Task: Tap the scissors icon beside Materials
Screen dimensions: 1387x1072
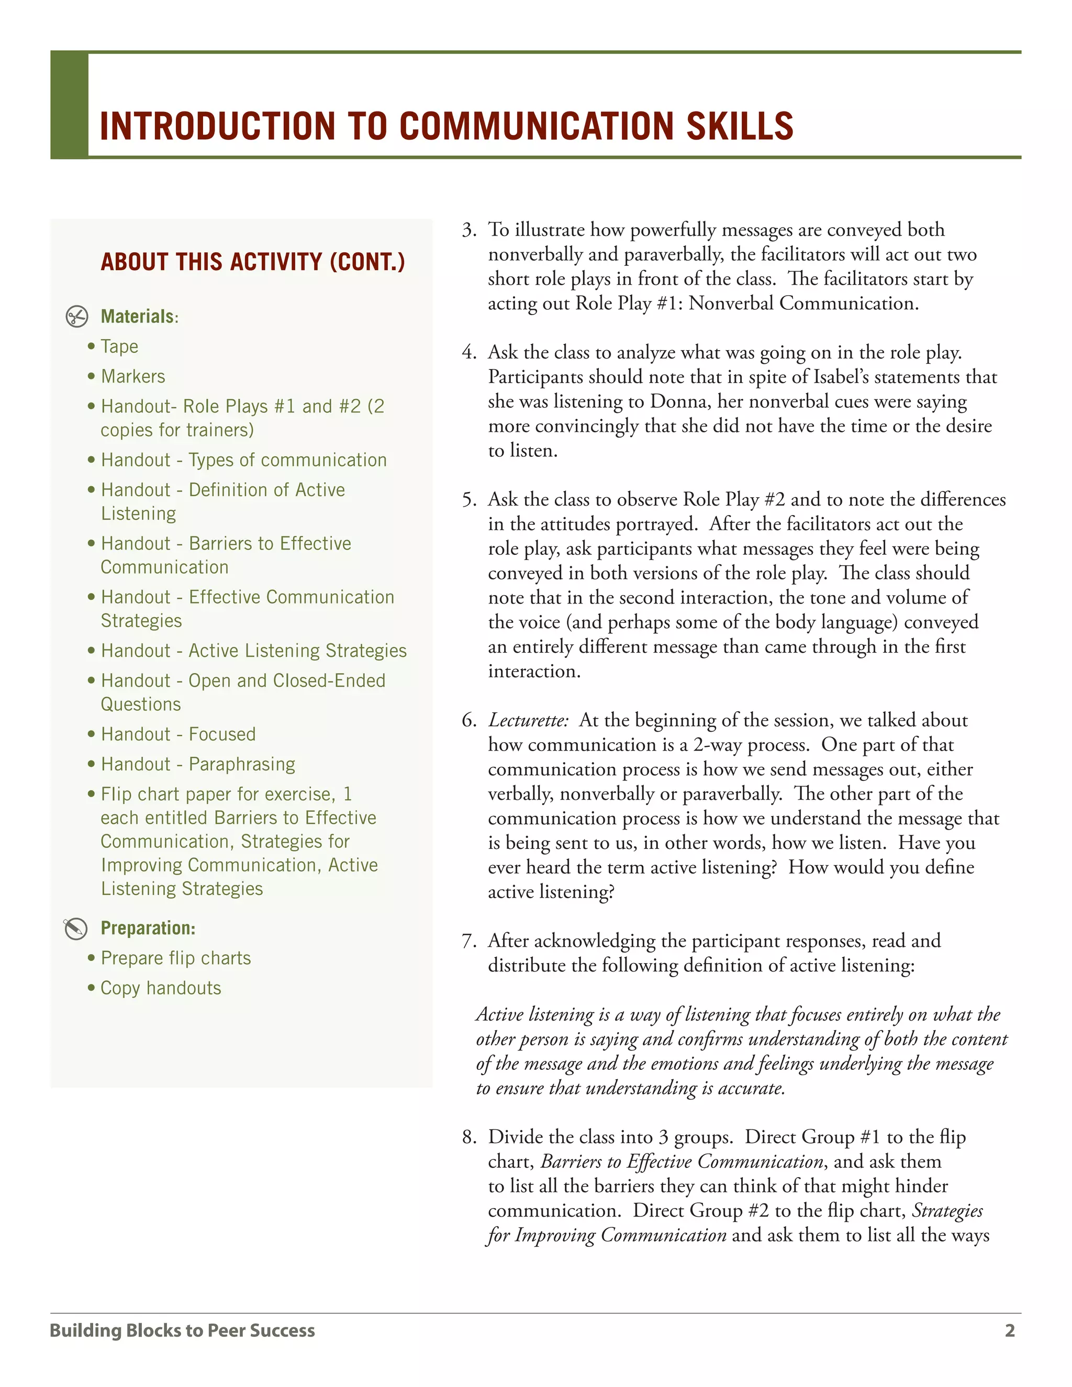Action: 77,316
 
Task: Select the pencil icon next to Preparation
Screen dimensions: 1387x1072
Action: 75,929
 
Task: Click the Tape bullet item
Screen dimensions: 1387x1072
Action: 119,346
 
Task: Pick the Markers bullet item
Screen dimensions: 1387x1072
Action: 133,377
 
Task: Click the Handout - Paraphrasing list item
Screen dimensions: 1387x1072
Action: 197,764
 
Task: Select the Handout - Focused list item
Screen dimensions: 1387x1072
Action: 178,734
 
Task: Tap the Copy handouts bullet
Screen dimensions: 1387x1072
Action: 161,988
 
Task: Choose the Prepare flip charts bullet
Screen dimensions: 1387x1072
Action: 176,958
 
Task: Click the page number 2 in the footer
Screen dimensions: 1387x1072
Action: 1010,1330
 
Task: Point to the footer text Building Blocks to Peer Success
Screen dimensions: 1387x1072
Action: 182,1330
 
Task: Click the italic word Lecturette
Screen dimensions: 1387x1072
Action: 528,720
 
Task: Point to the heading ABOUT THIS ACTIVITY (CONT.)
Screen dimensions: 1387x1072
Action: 253,262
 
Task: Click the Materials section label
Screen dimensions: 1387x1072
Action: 138,316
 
